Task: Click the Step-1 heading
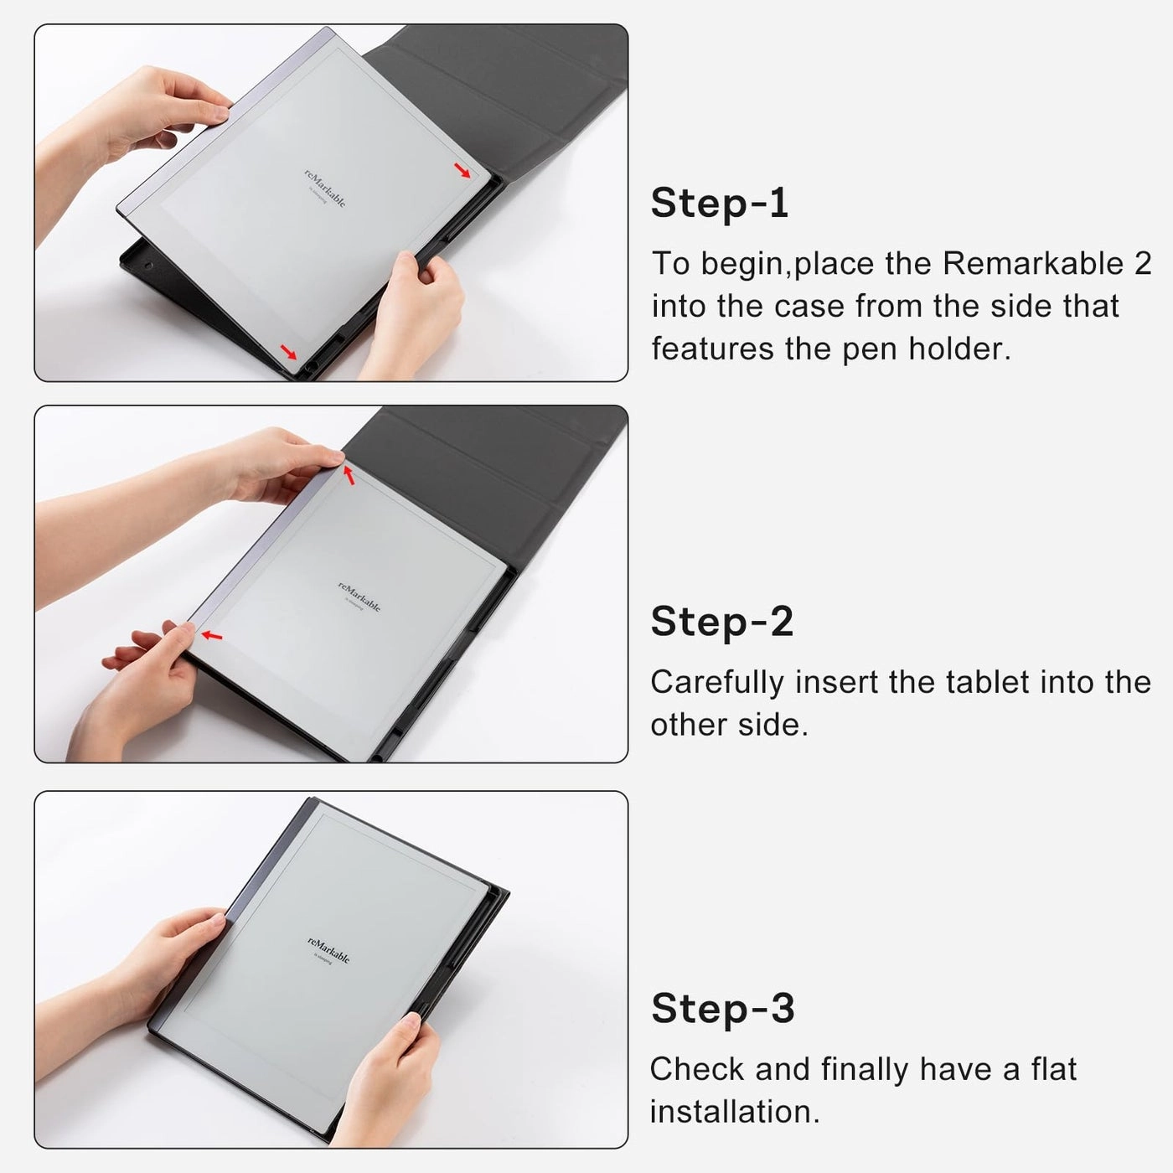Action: [x=720, y=204]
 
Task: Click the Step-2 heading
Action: [x=721, y=622]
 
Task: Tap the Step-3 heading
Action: [x=722, y=1008]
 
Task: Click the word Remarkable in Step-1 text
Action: [x=1032, y=263]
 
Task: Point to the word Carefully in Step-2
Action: [x=717, y=683]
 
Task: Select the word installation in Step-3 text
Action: [x=734, y=1112]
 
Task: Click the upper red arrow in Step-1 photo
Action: [x=462, y=171]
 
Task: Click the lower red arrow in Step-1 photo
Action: [x=288, y=351]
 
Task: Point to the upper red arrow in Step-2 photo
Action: [x=349, y=475]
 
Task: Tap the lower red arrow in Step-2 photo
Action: [x=212, y=636]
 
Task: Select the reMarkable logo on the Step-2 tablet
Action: [x=359, y=596]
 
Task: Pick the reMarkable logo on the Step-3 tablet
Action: [x=328, y=949]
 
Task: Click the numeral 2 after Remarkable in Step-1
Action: [x=1142, y=263]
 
